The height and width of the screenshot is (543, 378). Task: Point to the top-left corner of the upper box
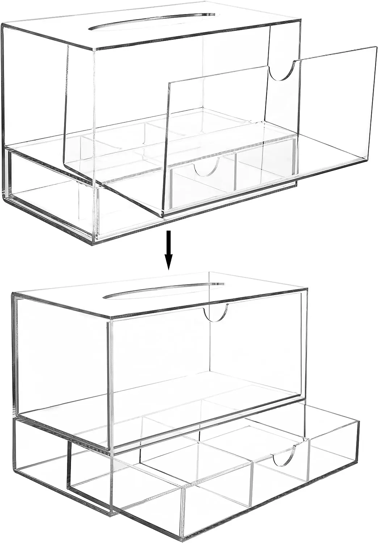[x=3, y=25]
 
